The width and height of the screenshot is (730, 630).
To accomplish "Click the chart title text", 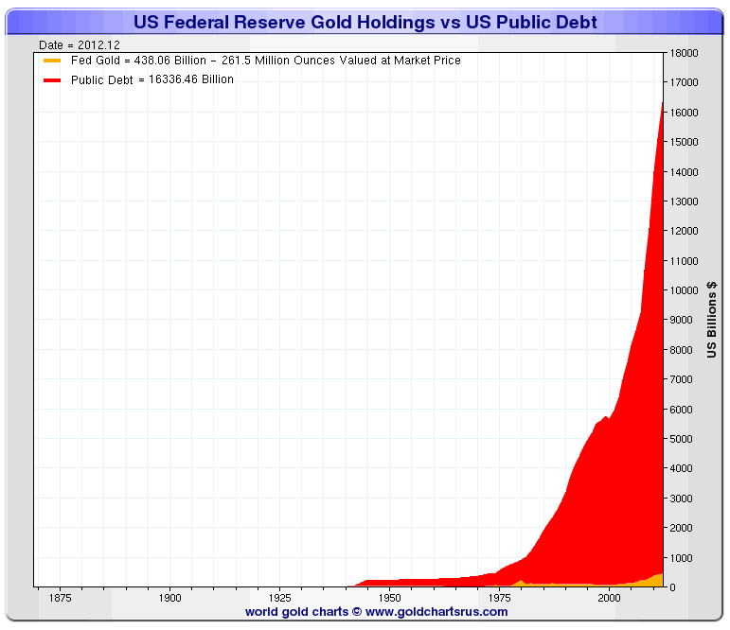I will tap(365, 22).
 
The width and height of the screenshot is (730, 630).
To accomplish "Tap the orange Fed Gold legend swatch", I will tap(52, 61).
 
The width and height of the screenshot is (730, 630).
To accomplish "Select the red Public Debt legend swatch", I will tap(52, 79).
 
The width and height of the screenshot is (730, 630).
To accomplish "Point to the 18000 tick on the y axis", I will tap(685, 53).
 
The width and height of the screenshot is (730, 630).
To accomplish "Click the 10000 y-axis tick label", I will tap(685, 290).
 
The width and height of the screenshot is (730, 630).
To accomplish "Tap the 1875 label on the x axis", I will tap(60, 598).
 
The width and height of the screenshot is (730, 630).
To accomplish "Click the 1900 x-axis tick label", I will tap(169, 598).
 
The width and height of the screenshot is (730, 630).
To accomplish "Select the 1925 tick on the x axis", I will tap(279, 598).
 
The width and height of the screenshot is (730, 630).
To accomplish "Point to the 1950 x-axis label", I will tap(389, 598).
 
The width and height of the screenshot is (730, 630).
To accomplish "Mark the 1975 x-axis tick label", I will tap(499, 598).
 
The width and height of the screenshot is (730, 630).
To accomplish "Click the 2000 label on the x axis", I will tap(609, 598).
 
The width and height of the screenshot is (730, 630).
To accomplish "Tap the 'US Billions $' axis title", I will tap(712, 320).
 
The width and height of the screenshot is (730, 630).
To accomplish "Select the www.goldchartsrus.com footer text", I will tap(436, 612).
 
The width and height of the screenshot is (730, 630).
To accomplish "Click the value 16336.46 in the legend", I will tap(167, 79).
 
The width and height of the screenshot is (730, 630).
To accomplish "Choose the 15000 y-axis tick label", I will tap(685, 142).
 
